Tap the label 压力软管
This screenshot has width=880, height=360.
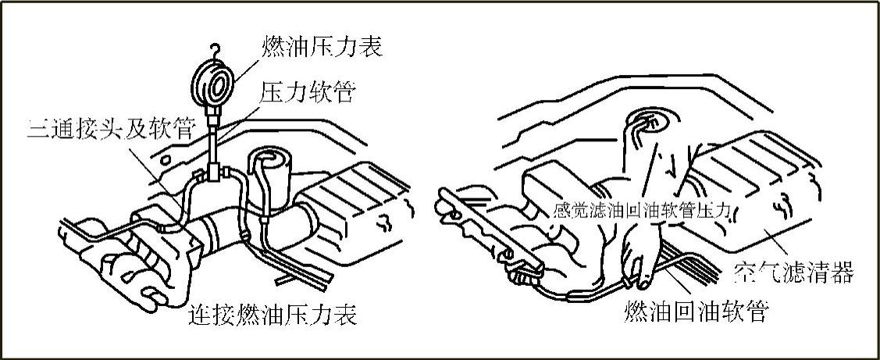pyautogui.click(x=307, y=92)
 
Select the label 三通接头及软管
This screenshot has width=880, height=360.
pyautogui.click(x=111, y=130)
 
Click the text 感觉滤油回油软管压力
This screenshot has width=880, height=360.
pyautogui.click(x=641, y=211)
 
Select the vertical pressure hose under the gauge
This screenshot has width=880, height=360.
pyautogui.click(x=213, y=141)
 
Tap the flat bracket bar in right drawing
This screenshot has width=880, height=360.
pyautogui.click(x=488, y=230)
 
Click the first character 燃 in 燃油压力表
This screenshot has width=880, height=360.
pyautogui.click(x=273, y=47)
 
